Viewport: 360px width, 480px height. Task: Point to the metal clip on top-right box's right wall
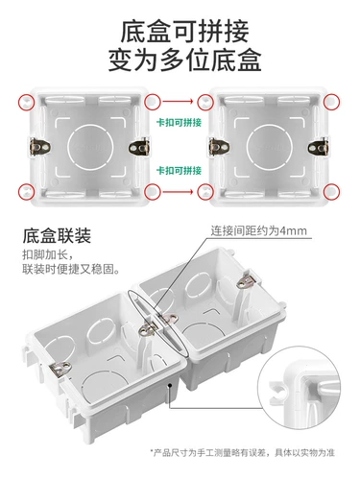click(314, 147)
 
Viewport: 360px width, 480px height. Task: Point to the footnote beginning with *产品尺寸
click(247, 451)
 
